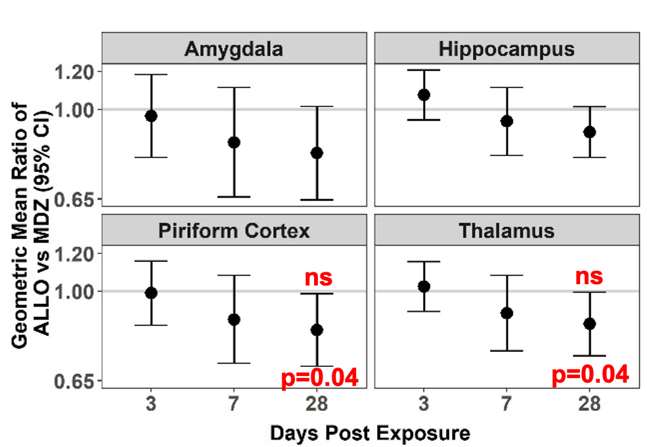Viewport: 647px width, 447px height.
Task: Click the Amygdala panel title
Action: pyautogui.click(x=234, y=49)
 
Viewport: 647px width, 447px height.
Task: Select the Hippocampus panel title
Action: pyautogui.click(x=506, y=49)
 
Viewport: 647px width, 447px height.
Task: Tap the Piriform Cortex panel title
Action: pyautogui.click(x=234, y=231)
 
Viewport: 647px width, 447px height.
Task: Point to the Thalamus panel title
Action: pyautogui.click(x=506, y=231)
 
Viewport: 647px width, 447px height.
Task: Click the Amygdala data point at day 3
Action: pyautogui.click(x=151, y=116)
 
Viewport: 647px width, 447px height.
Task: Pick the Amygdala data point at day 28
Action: pyautogui.click(x=317, y=153)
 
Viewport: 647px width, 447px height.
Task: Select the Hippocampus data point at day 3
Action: pyautogui.click(x=424, y=95)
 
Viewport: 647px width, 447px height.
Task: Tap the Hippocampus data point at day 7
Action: pyautogui.click(x=506, y=121)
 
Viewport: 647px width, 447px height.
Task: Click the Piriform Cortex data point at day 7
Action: pyautogui.click(x=234, y=320)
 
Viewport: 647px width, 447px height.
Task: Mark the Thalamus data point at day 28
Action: pyautogui.click(x=589, y=324)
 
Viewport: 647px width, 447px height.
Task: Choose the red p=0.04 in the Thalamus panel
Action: pyautogui.click(x=590, y=375)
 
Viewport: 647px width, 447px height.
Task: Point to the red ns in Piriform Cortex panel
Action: pyautogui.click(x=318, y=277)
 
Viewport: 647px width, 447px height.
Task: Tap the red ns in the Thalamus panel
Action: pyautogui.click(x=589, y=276)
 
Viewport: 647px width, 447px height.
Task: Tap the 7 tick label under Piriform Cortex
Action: pyautogui.click(x=234, y=404)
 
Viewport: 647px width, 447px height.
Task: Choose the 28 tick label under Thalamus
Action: pyautogui.click(x=589, y=404)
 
